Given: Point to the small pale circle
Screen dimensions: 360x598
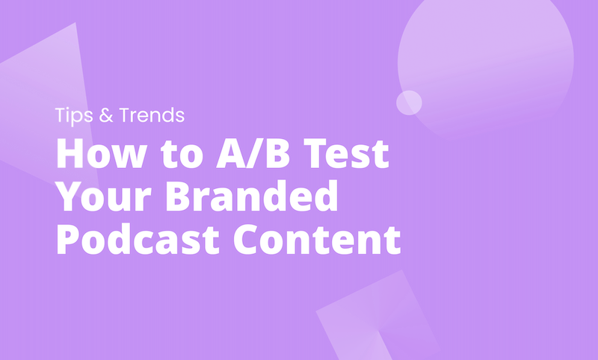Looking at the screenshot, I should coord(409,102).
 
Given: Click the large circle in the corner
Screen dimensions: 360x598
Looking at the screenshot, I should coord(486,60).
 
